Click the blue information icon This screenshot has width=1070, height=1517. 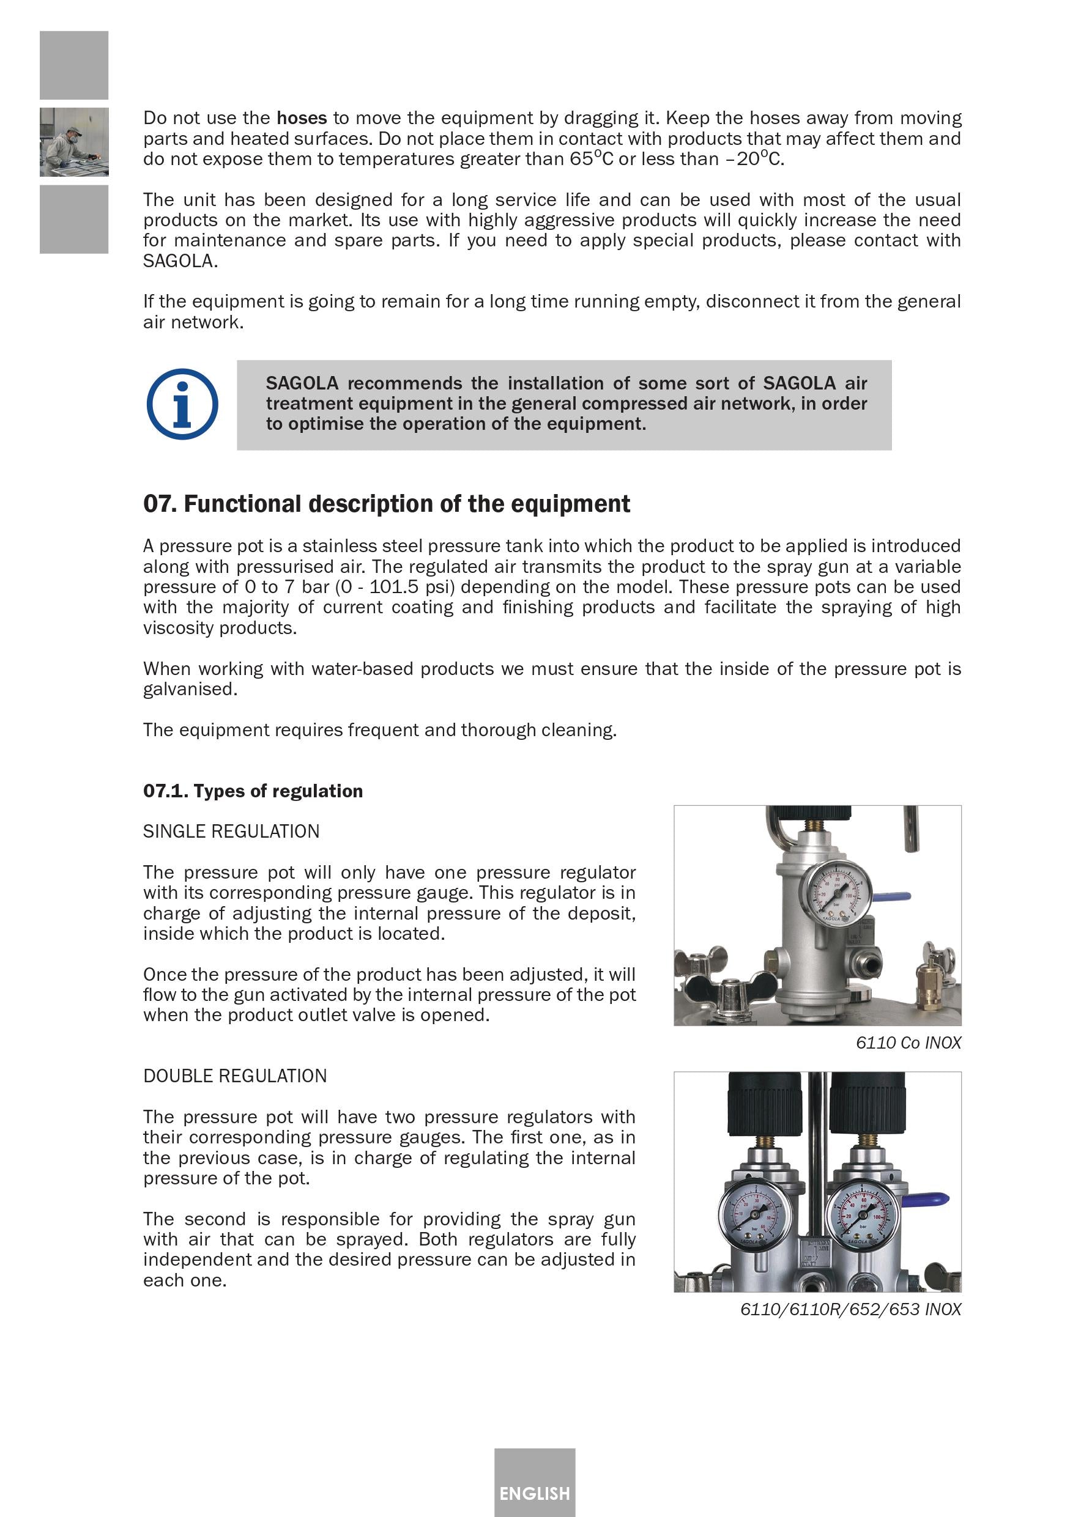click(182, 404)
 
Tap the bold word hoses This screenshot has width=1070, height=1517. click(302, 118)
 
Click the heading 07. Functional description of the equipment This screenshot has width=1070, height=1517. click(387, 504)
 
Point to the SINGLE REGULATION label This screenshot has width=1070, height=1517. click(231, 831)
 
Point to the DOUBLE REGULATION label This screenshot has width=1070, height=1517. click(236, 1076)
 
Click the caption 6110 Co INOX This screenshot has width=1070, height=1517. click(908, 1043)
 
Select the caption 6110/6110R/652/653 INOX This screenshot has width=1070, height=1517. click(850, 1309)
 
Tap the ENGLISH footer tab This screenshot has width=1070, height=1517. click(534, 1493)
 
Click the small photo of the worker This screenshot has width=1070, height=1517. click(74, 142)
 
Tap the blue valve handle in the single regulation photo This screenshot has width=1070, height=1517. click(892, 897)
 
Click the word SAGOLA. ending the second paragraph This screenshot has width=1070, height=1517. click(180, 261)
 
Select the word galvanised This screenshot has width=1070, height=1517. click(190, 689)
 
